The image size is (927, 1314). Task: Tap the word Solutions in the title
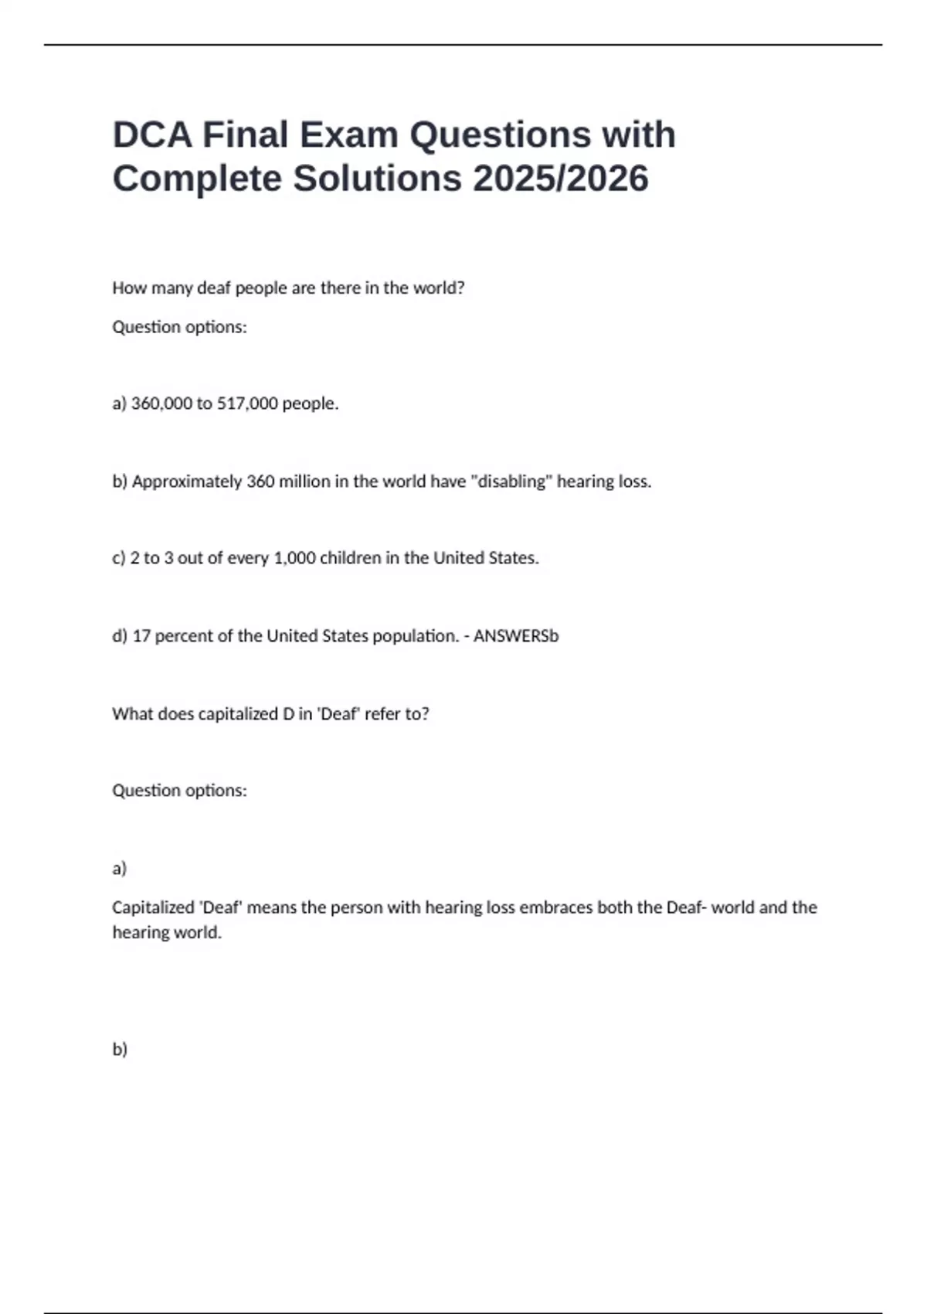(x=377, y=179)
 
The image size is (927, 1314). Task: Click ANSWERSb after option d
(x=516, y=636)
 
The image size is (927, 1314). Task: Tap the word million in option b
(x=304, y=482)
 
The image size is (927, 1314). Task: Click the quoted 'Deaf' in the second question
(x=339, y=713)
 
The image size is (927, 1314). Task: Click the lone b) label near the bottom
(x=120, y=1049)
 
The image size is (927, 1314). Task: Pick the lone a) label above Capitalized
(x=119, y=869)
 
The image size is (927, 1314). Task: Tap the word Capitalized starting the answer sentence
(x=153, y=907)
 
